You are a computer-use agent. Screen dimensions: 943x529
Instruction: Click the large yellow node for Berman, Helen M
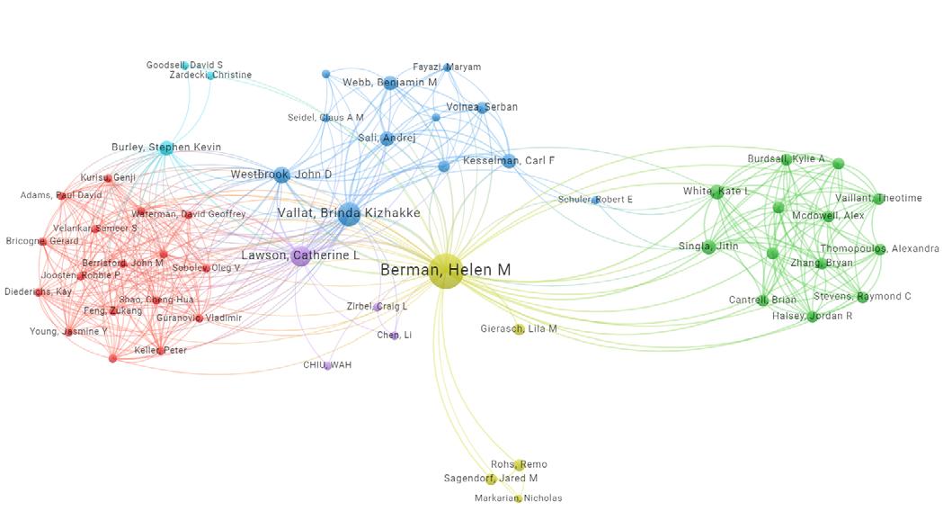[445, 271]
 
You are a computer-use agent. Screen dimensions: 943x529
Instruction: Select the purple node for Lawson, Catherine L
[301, 256]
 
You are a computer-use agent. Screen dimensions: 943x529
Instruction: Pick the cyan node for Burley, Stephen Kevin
[165, 148]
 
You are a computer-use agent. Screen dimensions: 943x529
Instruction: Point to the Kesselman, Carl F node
[509, 161]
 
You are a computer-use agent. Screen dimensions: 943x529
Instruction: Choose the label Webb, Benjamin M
[389, 83]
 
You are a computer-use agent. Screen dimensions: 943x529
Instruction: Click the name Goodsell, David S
[184, 65]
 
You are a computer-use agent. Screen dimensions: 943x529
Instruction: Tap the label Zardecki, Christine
[210, 76]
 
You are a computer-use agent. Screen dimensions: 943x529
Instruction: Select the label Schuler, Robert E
[595, 200]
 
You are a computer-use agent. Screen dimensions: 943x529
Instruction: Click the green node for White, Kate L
[716, 192]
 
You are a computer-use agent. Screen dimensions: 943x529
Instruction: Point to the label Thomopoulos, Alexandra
[879, 249]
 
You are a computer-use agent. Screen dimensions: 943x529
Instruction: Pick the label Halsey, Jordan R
[812, 317]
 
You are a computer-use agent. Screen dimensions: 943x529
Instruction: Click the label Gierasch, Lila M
[518, 329]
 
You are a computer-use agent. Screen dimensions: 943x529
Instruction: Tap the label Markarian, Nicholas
[519, 498]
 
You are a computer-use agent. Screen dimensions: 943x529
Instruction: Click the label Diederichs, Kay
[37, 292]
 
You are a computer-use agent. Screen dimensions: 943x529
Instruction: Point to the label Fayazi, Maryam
[447, 67]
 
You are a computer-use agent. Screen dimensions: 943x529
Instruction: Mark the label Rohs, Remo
[519, 465]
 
